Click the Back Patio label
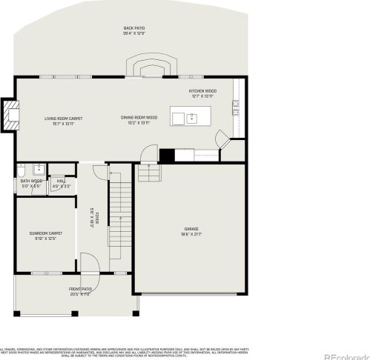point(134,30)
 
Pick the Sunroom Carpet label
point(45,236)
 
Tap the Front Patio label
point(80,291)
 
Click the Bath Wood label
point(31,182)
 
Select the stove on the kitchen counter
point(236,109)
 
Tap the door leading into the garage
point(149,154)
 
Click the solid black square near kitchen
point(167,155)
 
